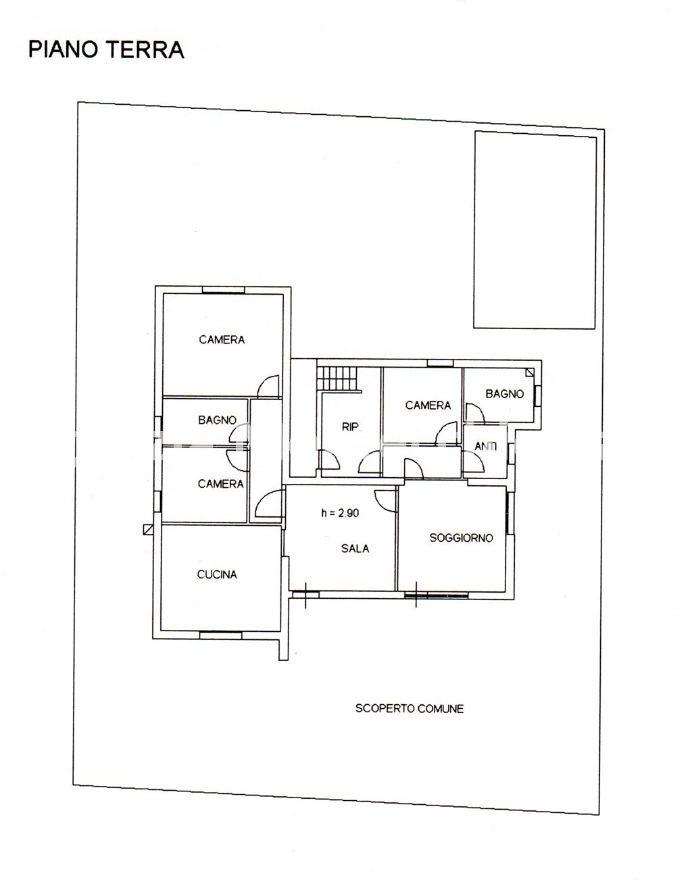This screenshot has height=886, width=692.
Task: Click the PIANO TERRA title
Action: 106,50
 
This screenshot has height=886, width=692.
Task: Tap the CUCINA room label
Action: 217,574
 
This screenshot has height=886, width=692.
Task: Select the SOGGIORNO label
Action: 461,538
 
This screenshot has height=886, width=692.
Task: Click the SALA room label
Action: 355,548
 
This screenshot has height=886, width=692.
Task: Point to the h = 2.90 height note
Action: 340,513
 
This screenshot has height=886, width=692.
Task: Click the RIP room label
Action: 350,427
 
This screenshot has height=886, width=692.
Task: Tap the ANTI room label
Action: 486,446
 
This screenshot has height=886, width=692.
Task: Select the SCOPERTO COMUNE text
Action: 409,708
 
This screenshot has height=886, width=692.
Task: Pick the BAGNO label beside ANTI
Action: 505,393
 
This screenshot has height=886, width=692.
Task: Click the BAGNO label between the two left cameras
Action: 217,420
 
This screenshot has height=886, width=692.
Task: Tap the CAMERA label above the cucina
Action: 220,484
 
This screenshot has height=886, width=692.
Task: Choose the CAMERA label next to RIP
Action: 428,405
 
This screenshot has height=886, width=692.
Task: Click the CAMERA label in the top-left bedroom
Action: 222,339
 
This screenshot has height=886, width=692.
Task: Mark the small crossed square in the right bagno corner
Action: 529,372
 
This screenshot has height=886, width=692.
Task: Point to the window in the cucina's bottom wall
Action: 220,635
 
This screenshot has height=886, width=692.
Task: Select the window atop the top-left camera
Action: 223,290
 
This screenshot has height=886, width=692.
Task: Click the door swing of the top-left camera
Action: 269,386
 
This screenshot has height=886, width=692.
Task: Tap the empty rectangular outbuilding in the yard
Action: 535,230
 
